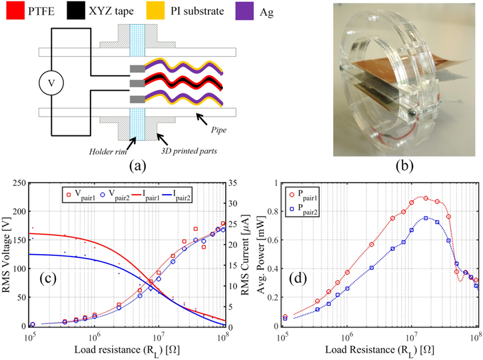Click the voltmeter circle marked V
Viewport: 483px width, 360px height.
49,84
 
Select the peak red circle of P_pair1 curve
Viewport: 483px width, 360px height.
425,198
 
